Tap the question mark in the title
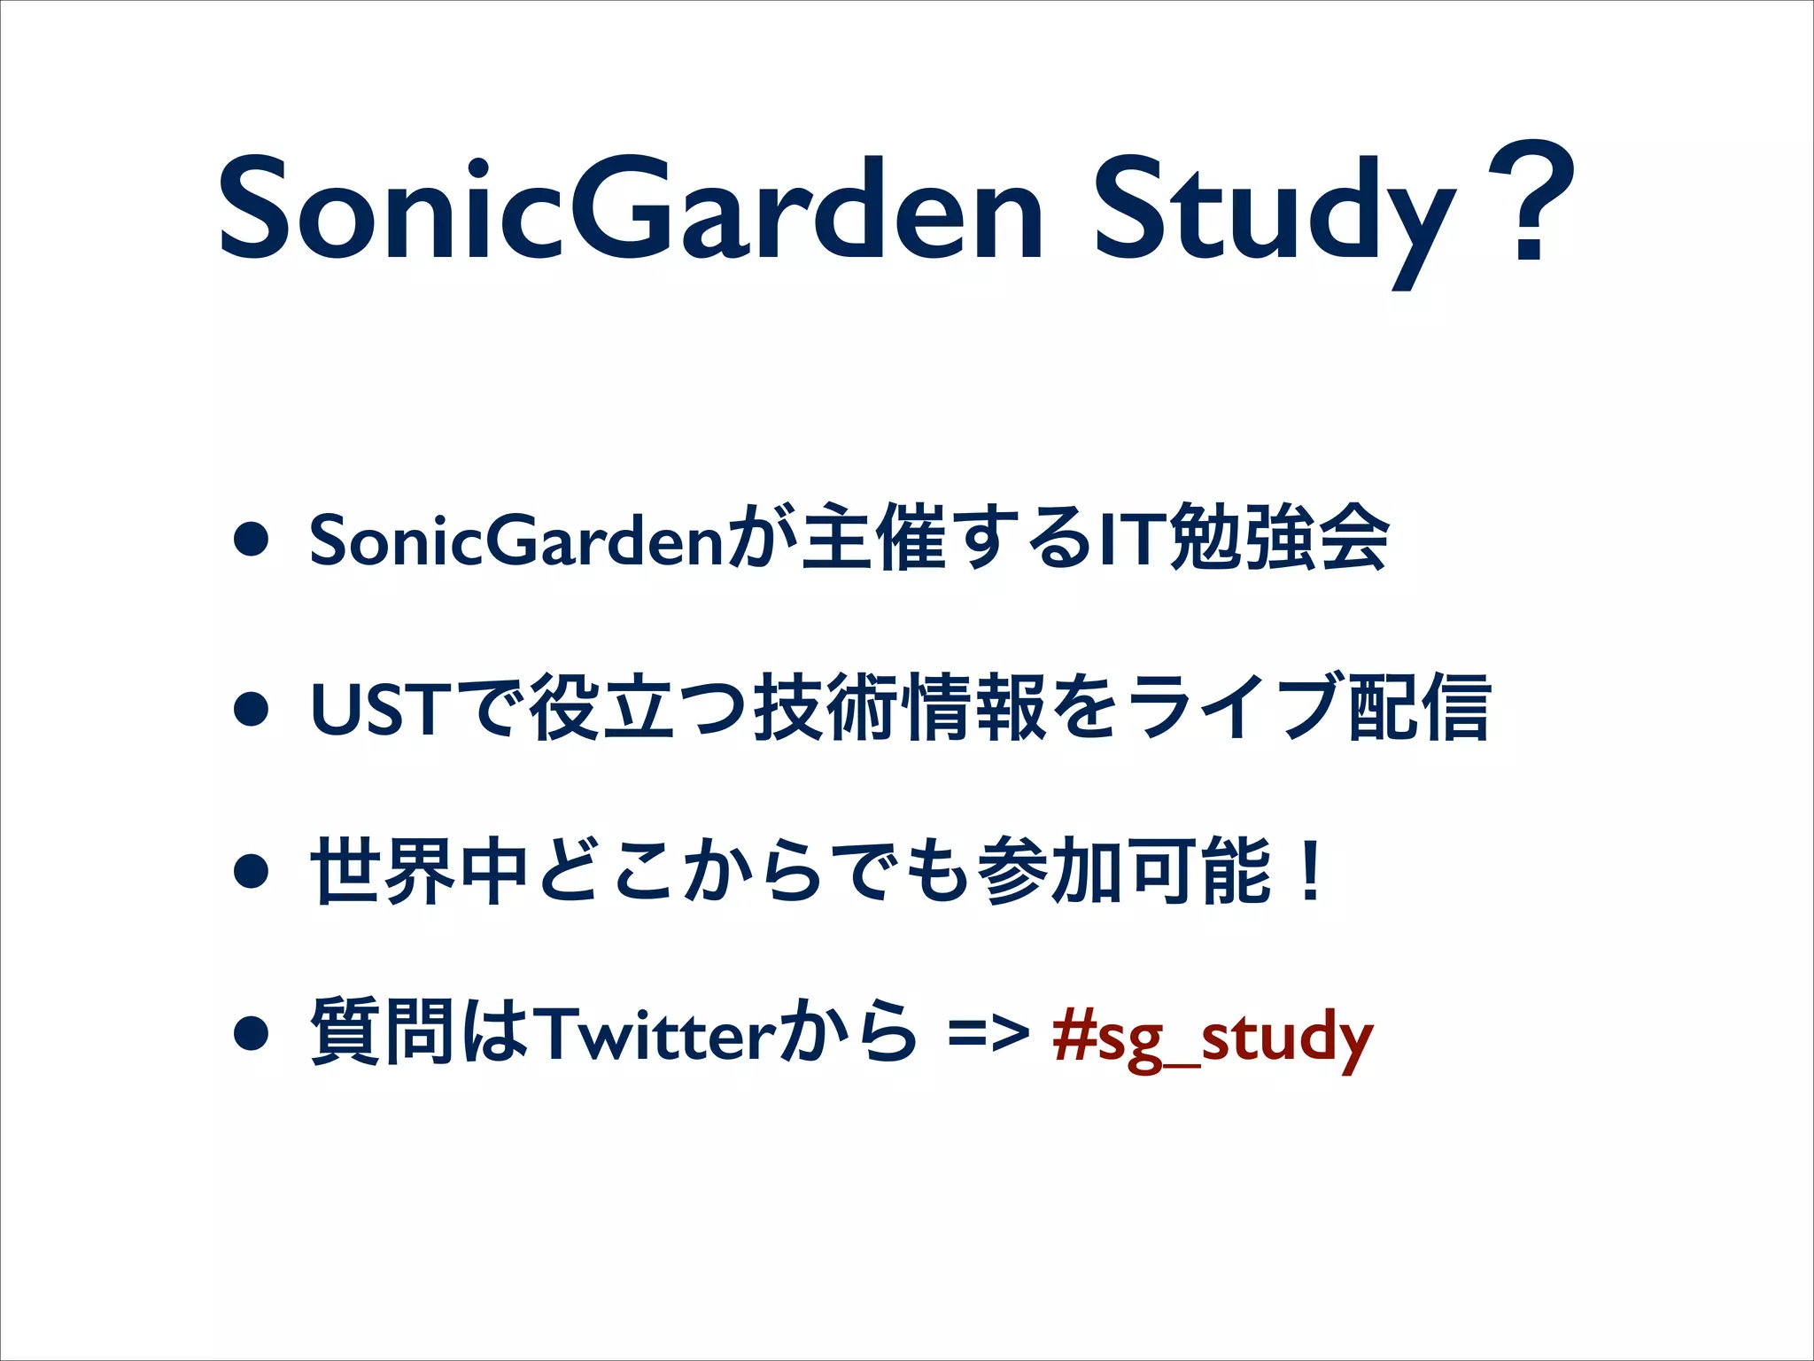click(1531, 202)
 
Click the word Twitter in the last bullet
click(656, 1033)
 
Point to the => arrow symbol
click(988, 1033)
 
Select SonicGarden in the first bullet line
click(518, 540)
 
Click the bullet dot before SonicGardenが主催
click(252, 541)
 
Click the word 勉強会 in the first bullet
click(1278, 537)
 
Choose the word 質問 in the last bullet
click(384, 1031)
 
